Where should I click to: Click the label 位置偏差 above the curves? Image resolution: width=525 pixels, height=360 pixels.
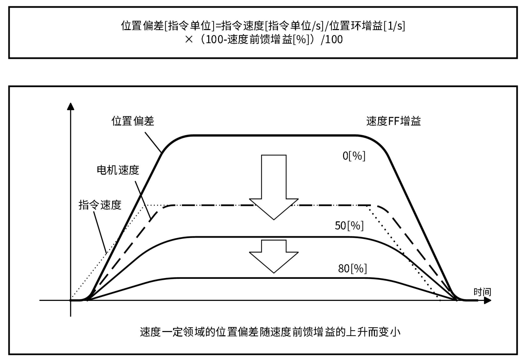[x=133, y=121]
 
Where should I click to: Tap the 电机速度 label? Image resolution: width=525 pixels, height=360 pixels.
[x=118, y=170]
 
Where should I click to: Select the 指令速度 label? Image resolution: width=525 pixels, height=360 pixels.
[x=100, y=205]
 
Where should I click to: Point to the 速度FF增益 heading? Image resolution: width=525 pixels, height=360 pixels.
[x=393, y=121]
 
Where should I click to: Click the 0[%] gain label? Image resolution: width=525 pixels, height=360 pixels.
[x=354, y=156]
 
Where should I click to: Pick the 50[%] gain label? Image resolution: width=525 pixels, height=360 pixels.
[x=349, y=225]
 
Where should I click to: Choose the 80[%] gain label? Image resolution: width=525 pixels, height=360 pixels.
[x=352, y=268]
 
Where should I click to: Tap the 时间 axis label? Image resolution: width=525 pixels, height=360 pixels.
[x=482, y=292]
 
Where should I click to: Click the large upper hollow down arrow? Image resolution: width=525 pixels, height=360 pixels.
[x=274, y=185]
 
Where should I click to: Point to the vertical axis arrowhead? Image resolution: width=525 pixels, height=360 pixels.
[x=71, y=106]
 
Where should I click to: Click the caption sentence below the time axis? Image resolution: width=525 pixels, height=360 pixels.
[x=270, y=332]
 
